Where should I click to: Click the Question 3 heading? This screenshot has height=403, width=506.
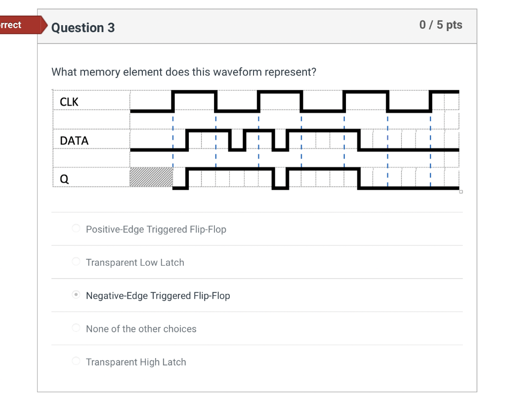[x=83, y=28]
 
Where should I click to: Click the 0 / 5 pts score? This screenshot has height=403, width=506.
[x=440, y=25]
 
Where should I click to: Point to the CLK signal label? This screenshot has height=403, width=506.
[x=69, y=102]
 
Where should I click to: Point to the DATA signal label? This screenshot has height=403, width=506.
[x=74, y=141]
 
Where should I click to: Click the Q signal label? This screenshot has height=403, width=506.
[x=64, y=180]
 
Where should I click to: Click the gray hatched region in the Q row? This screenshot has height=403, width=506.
[x=151, y=177]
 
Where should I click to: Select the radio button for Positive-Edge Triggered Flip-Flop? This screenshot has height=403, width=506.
[x=76, y=229]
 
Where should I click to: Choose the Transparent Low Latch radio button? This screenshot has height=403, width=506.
[x=76, y=262]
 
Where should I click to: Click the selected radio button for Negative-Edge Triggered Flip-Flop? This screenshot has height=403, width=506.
[x=76, y=295]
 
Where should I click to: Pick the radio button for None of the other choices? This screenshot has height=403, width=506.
[x=76, y=328]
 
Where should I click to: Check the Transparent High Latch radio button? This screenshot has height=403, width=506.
[x=76, y=361]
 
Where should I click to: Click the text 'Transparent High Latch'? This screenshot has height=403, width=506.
[x=136, y=362]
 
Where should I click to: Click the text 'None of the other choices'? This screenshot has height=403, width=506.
[x=141, y=329]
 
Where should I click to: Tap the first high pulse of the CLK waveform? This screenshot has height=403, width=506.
[x=195, y=92]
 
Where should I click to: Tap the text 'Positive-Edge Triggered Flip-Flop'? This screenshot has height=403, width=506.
[x=156, y=230]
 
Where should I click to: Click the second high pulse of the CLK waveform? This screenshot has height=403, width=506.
[x=280, y=92]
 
